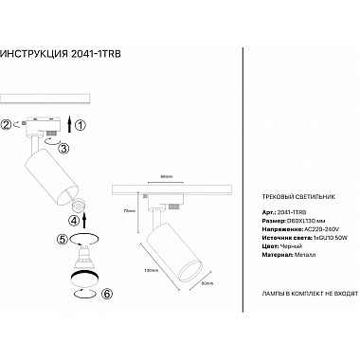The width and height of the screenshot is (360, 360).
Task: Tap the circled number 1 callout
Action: (x=81, y=124)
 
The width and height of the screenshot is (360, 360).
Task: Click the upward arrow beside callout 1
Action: (x=67, y=123)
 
